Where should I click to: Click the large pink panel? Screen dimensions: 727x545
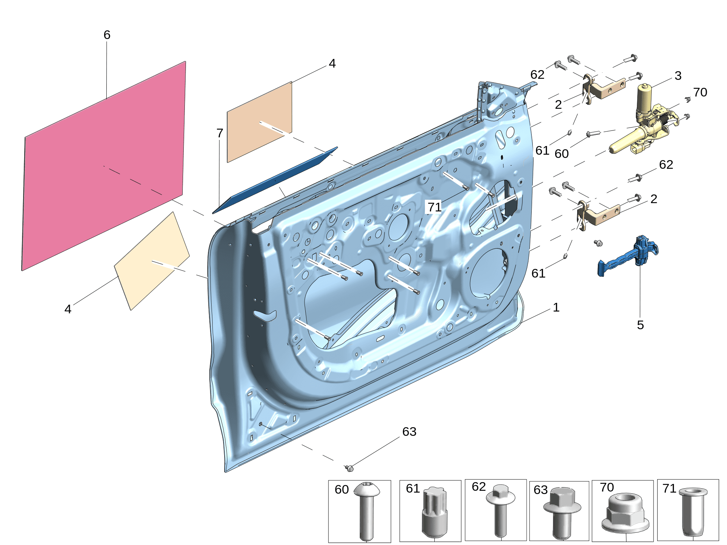104,166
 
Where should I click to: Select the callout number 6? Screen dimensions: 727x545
107,35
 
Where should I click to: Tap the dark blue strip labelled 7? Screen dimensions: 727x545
275,180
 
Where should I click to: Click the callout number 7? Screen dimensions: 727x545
220,133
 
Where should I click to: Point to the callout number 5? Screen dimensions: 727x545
640,325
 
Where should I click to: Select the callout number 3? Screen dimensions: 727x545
678,76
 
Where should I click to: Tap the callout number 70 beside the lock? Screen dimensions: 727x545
700,92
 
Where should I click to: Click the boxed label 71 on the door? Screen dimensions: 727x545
434,207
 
